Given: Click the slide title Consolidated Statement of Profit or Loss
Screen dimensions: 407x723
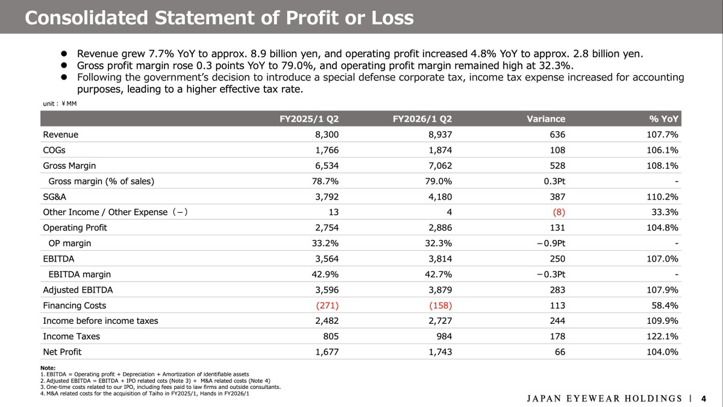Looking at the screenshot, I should pyautogui.click(x=219, y=17).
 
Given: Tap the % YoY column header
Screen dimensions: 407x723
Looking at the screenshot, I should pyautogui.click(x=662, y=119).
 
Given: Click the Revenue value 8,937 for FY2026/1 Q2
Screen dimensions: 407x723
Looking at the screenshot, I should pyautogui.click(x=439, y=134).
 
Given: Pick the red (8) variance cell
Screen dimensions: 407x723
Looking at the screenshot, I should pyautogui.click(x=557, y=212).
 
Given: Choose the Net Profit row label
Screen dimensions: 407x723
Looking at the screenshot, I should pyautogui.click(x=62, y=352).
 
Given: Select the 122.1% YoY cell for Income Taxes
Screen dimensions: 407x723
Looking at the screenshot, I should pyautogui.click(x=663, y=336).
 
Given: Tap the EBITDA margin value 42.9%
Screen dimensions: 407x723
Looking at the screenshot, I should pyautogui.click(x=326, y=274).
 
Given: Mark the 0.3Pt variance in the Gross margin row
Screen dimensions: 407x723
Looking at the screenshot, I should pyautogui.click(x=553, y=181).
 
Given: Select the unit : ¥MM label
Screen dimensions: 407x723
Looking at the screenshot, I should pyautogui.click(x=60, y=103).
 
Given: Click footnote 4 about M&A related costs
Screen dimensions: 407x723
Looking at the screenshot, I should pyautogui.click(x=142, y=394).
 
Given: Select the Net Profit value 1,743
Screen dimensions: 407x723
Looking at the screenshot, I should pyautogui.click(x=439, y=352).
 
